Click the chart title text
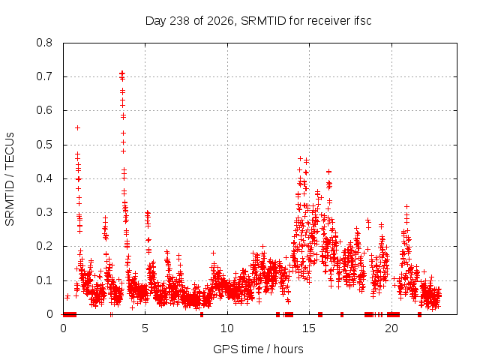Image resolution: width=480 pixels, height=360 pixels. coord(258,21)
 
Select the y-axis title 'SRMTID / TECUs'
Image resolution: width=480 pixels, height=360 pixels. coord(10,178)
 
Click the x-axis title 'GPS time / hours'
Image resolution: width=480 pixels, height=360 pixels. coord(258,349)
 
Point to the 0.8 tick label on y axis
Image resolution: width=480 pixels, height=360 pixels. coord(44,43)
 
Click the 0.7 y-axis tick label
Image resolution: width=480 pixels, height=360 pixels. coord(44,76)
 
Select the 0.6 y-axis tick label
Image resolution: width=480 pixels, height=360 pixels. coord(44,110)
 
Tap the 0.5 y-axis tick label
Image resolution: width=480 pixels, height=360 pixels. coord(44,145)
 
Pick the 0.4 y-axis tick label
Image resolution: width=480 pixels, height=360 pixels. coord(44,178)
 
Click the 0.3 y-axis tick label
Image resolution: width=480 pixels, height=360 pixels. coord(44,212)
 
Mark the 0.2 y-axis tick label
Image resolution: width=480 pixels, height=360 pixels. coord(44,246)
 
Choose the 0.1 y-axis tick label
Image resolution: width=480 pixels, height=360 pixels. coord(44,280)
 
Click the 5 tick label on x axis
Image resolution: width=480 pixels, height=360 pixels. coord(145,328)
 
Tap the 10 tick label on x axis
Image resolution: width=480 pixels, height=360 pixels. coord(227,328)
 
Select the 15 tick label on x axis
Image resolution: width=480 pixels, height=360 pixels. coord(309,328)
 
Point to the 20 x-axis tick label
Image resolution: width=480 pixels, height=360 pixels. coord(391,328)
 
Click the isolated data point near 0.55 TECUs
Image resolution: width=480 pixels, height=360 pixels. coord(78,127)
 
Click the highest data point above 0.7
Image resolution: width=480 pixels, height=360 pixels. coord(122,73)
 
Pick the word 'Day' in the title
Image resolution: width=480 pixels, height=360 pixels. coord(156,21)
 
